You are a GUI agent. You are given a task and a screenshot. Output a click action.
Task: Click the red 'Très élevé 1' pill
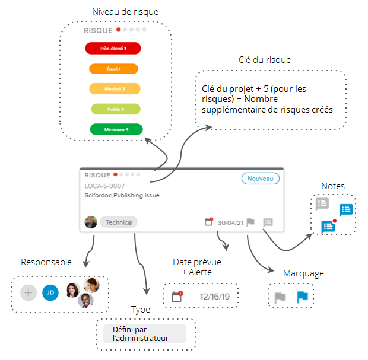(113, 48)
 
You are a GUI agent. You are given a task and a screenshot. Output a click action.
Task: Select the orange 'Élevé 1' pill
(113, 69)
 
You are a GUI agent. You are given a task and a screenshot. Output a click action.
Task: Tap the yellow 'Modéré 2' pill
(115, 89)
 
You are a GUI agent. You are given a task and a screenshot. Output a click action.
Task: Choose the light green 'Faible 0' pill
(115, 109)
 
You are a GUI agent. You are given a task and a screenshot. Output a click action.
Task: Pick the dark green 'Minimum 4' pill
(116, 129)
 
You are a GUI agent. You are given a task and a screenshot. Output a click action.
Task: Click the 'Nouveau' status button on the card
(260, 179)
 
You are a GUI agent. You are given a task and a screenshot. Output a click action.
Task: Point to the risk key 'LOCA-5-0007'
(105, 186)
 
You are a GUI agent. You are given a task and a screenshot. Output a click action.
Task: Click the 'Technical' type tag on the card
(119, 222)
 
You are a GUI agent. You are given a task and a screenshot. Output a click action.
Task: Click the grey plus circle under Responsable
(28, 292)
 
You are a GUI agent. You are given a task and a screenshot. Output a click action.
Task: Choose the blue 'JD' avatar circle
(50, 292)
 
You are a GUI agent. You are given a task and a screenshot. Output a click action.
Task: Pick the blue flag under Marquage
(303, 297)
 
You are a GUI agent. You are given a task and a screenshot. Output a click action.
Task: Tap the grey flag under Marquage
(280, 297)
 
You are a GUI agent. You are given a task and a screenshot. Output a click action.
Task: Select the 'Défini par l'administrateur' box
(141, 334)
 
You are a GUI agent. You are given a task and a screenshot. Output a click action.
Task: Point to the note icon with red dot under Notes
(328, 226)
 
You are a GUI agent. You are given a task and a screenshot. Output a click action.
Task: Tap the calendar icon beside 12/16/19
(176, 297)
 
